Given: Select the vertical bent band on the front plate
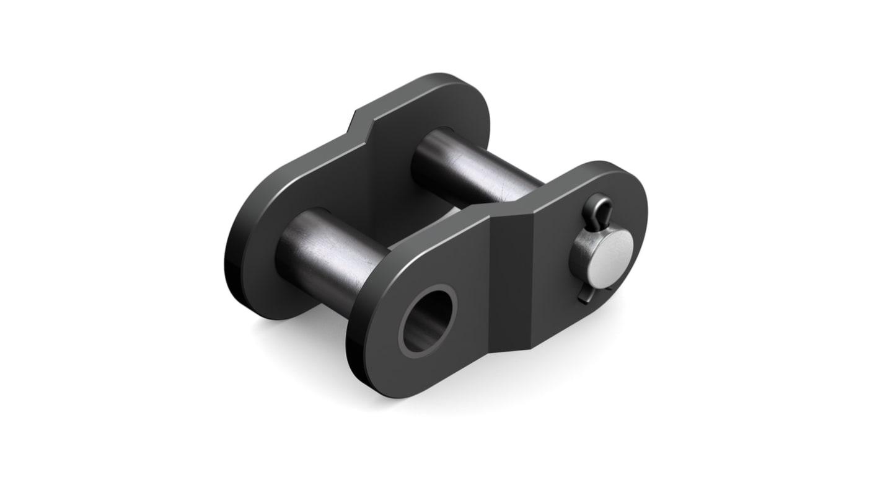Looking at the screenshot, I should (x=511, y=279).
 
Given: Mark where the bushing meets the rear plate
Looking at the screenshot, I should (x=285, y=248).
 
